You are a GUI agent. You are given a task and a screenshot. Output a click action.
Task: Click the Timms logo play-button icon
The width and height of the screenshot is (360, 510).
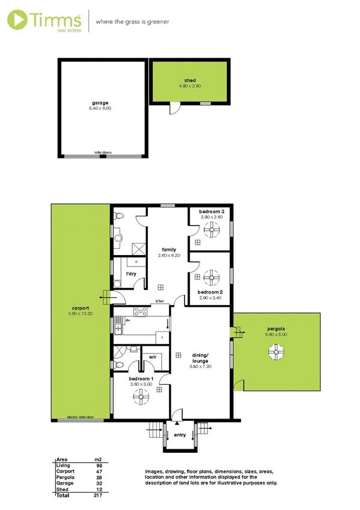[19, 19]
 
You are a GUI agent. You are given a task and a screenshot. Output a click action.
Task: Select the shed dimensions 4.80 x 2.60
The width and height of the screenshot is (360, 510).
[190, 86]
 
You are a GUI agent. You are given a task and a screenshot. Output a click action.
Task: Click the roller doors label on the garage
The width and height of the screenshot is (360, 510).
[103, 153]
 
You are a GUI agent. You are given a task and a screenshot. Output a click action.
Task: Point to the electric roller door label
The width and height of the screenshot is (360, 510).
[81, 417]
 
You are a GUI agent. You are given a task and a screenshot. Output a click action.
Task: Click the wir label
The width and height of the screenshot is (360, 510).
[153, 357]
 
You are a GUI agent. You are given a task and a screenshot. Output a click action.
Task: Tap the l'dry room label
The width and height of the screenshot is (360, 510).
[130, 274]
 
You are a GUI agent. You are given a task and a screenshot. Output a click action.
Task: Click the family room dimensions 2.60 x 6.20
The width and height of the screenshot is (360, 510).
[168, 254]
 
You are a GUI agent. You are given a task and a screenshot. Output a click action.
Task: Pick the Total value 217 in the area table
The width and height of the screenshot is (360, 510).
[98, 495]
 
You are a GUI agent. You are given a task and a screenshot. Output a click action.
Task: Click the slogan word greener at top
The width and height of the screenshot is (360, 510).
[156, 21]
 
